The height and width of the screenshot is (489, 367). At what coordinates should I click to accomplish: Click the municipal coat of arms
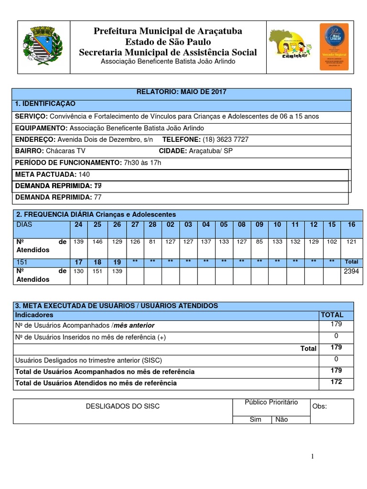tap(43, 47)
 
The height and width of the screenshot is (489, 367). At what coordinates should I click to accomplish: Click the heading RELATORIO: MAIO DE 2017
tap(182, 92)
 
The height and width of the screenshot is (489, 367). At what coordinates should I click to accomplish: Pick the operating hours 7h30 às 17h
tap(142, 162)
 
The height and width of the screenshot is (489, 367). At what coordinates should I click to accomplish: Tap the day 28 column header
tap(152, 224)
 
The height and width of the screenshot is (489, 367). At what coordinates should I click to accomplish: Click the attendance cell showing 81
tap(152, 242)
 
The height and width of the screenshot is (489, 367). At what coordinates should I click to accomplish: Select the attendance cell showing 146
tap(97, 242)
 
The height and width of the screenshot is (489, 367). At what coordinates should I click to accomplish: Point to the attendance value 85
tap(259, 242)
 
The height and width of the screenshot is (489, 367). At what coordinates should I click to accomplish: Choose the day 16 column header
tap(351, 224)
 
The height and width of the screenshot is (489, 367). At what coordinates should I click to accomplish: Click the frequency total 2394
tap(351, 271)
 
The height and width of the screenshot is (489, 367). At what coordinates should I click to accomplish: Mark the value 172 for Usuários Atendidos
tap(336, 382)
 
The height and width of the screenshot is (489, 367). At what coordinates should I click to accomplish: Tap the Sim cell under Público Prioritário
tap(256, 419)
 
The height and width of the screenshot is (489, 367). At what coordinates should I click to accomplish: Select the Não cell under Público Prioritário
tap(282, 419)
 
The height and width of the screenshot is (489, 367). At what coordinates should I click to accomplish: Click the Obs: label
tap(320, 406)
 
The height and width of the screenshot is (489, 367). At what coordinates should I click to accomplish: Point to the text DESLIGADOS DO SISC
tap(122, 406)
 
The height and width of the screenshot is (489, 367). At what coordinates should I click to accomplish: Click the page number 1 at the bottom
tap(313, 457)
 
